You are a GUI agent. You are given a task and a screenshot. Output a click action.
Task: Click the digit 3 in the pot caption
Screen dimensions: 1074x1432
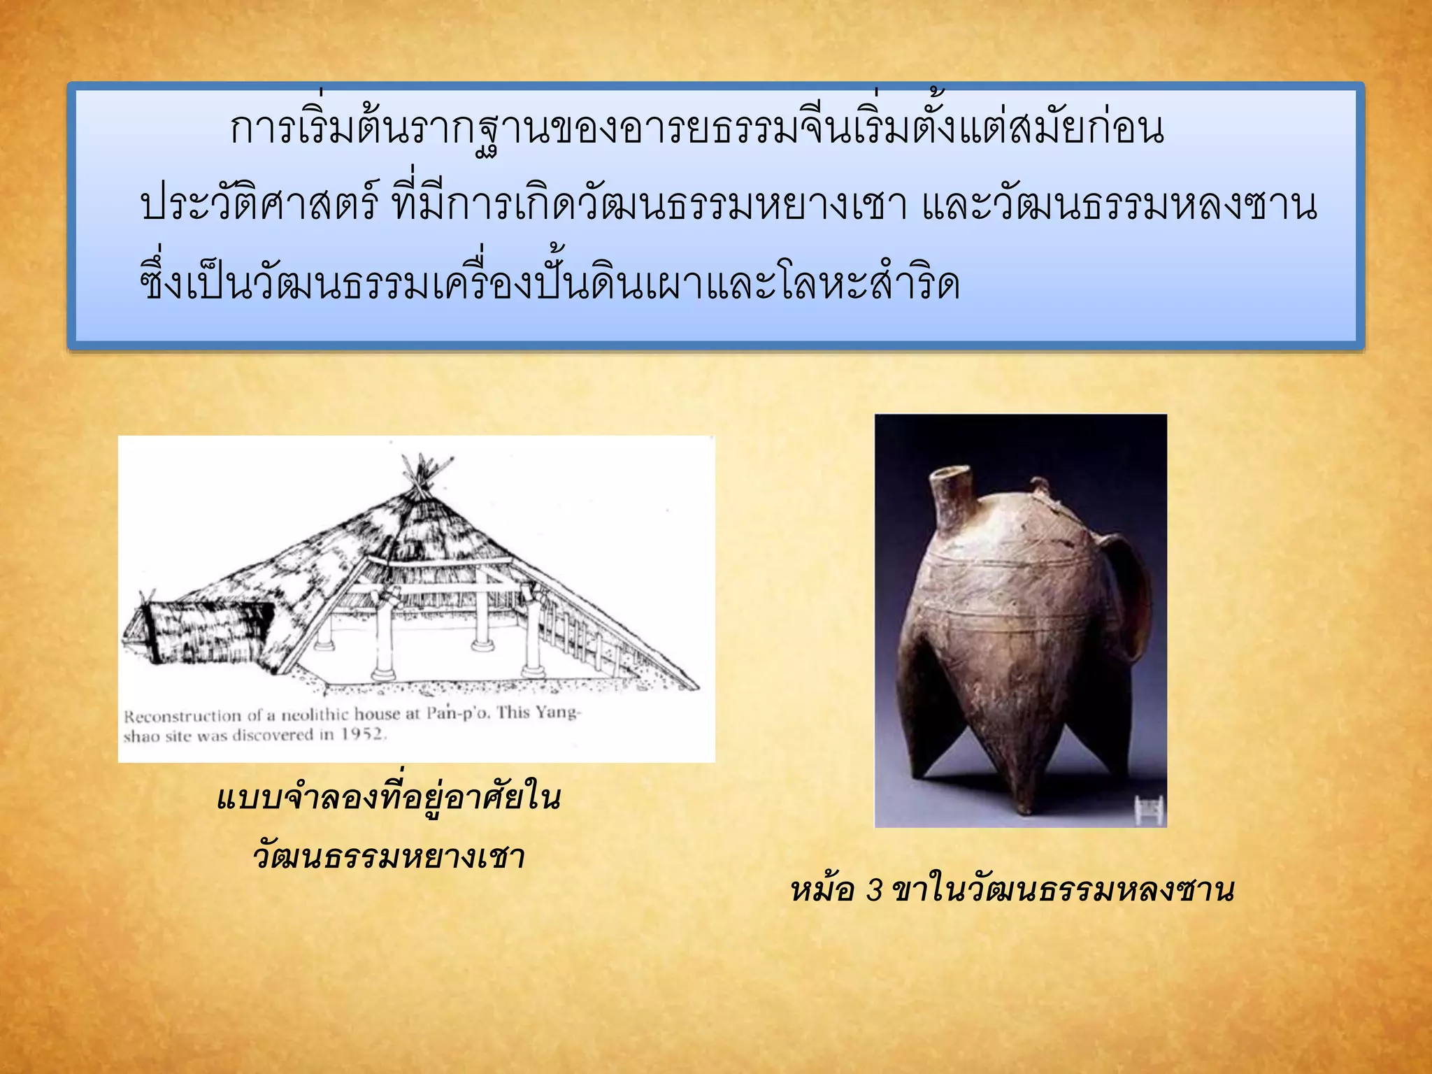point(875,890)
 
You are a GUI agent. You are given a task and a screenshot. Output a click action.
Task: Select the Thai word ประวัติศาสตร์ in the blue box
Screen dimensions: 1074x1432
point(259,205)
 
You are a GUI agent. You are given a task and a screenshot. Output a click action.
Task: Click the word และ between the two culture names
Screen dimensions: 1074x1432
point(955,205)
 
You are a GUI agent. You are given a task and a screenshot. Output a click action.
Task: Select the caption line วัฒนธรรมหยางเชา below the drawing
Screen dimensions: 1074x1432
point(389,857)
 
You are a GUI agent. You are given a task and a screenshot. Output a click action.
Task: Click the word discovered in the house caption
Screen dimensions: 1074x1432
point(272,735)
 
